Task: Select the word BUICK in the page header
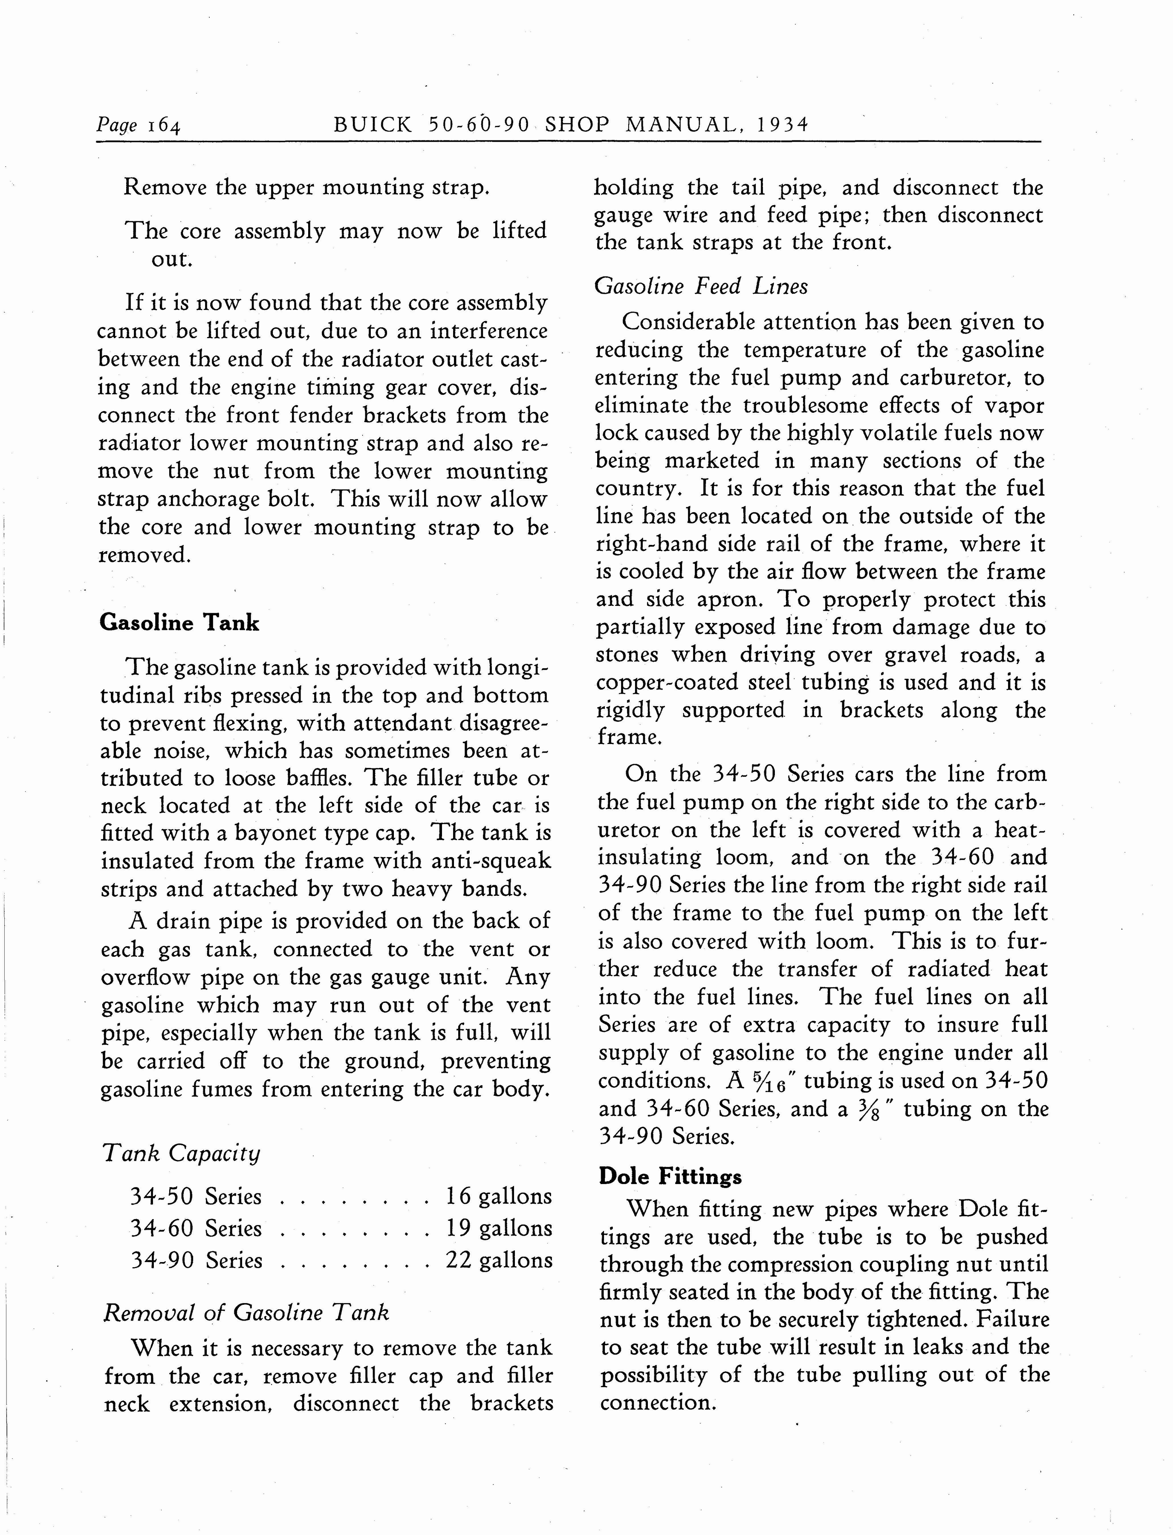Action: click(373, 125)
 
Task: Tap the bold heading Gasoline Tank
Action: click(179, 622)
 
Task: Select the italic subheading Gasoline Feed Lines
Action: click(701, 287)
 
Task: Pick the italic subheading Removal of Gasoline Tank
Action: click(246, 1313)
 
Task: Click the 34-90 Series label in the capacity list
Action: click(196, 1260)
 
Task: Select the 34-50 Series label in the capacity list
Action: click(196, 1196)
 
